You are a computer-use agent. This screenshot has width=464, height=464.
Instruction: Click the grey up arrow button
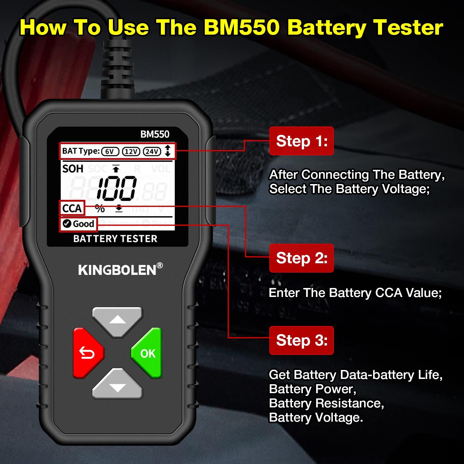[118, 320]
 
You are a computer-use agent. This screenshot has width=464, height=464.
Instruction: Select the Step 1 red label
[302, 141]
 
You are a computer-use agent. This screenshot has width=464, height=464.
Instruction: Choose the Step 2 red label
[302, 258]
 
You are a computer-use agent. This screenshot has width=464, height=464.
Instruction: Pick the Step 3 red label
[302, 340]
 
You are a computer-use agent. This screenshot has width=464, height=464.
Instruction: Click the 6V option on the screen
[110, 152]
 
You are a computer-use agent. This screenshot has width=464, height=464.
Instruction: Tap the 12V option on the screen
[131, 152]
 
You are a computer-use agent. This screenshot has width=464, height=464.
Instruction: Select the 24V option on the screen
[152, 152]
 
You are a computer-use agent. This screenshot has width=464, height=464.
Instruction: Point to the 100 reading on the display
[117, 187]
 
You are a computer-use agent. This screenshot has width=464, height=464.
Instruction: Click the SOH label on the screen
[73, 169]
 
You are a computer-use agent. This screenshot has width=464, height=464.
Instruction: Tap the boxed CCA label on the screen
[72, 208]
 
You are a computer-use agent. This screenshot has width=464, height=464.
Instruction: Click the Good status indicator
[78, 224]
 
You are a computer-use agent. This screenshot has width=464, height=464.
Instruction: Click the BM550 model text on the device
[155, 134]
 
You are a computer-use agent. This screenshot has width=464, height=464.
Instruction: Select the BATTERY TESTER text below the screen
[115, 239]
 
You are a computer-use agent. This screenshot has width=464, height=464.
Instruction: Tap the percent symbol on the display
[100, 209]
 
